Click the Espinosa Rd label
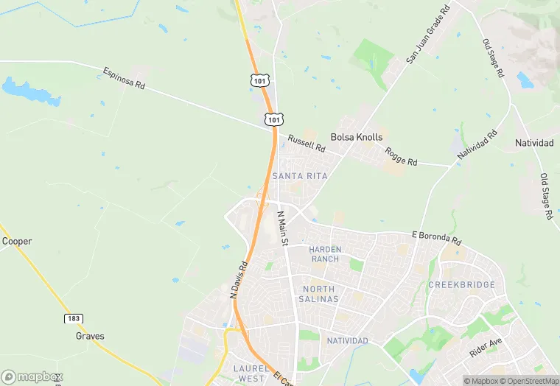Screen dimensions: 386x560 pos(124,79)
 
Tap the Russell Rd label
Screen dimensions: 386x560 pos(307,143)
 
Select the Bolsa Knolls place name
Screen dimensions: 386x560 pos(357,137)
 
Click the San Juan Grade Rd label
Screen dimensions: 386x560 pos(427,35)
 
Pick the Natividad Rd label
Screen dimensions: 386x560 pos(477,145)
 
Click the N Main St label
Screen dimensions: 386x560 pos(282,228)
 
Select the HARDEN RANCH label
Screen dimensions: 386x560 pos(325,254)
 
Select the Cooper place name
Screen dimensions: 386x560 pos(17,241)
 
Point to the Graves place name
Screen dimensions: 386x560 pos(90,336)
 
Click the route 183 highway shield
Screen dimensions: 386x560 pos(72,318)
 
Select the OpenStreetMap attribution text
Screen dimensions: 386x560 pos(528,381)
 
